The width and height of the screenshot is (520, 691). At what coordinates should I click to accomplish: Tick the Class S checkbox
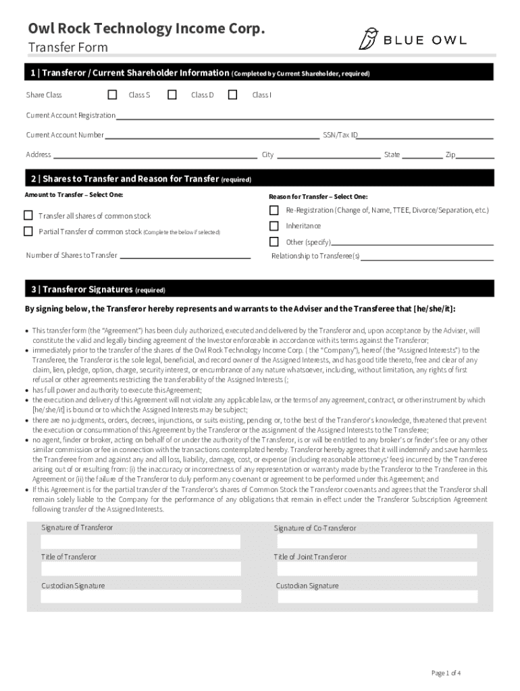[x=112, y=94]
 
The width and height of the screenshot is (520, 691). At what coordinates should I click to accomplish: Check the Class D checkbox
[x=172, y=94]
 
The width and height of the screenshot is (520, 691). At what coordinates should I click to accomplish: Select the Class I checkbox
[x=233, y=94]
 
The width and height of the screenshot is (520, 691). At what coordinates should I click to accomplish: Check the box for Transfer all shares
[x=28, y=216]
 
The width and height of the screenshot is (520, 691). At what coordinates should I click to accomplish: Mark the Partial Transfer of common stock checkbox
[x=28, y=231]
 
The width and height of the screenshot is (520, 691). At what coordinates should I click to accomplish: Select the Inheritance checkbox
[x=274, y=226]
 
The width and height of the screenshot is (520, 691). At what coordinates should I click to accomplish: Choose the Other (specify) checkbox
[x=274, y=242]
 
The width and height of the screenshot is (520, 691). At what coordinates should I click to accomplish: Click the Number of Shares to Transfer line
[x=184, y=257]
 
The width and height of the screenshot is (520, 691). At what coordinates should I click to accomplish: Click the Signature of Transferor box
[x=140, y=542]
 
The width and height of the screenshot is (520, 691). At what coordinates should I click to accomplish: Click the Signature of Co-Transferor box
[x=375, y=541]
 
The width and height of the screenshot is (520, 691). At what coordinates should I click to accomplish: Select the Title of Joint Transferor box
[x=375, y=570]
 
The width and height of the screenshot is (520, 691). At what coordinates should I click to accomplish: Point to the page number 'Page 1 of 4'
[x=446, y=673]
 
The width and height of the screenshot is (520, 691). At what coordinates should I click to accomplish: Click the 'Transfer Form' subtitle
[x=68, y=47]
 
